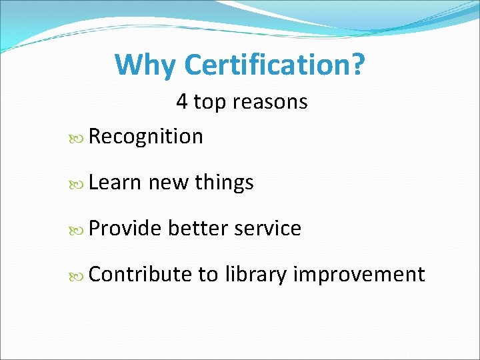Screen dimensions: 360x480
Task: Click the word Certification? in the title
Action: (274, 65)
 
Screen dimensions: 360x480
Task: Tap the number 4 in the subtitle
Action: (182, 102)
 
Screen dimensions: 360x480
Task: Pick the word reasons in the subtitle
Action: (271, 102)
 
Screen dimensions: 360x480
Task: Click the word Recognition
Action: (145, 137)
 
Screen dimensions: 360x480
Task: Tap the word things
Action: (224, 182)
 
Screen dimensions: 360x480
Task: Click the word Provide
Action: (125, 228)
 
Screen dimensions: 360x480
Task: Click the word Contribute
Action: (139, 274)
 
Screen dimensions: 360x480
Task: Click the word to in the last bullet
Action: (207, 274)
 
